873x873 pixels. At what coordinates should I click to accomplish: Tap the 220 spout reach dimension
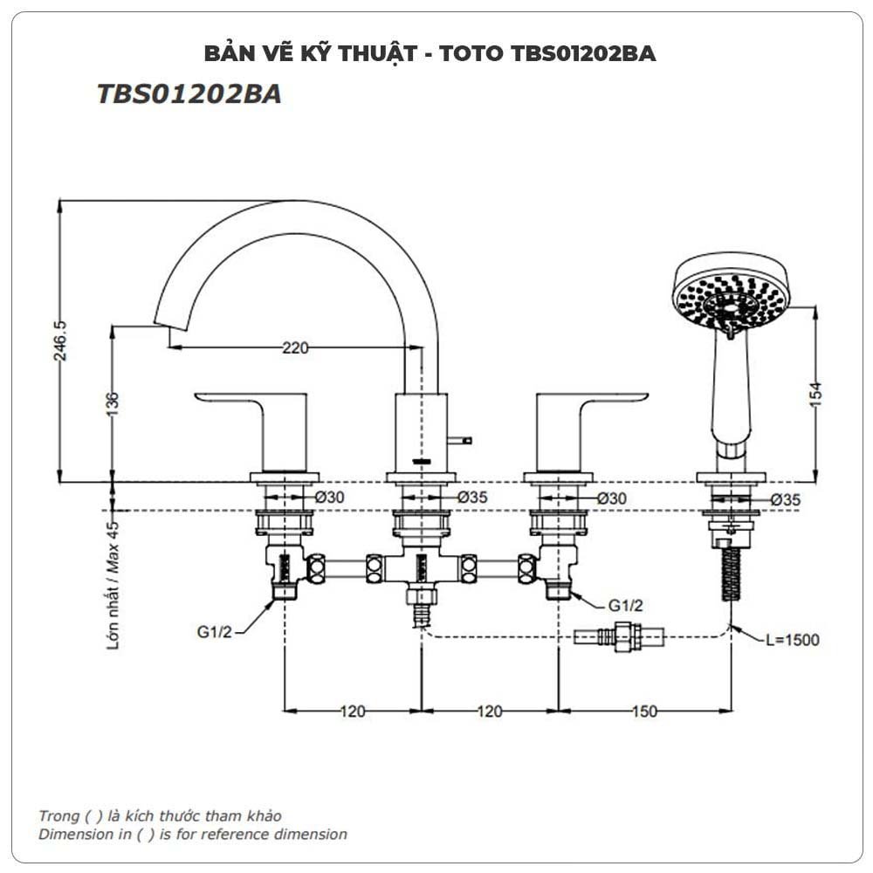click(294, 347)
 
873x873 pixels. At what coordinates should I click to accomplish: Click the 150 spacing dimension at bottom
click(643, 711)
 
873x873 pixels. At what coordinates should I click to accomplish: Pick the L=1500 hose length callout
click(792, 640)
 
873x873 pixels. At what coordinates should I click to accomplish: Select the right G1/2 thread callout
click(626, 604)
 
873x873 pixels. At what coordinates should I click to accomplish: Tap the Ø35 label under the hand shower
click(788, 499)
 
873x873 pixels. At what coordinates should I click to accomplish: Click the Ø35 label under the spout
click(474, 497)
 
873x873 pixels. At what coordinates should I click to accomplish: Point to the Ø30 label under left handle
click(331, 497)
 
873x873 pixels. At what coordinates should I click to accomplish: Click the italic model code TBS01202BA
click(189, 94)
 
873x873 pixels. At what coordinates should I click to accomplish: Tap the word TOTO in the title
click(471, 53)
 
